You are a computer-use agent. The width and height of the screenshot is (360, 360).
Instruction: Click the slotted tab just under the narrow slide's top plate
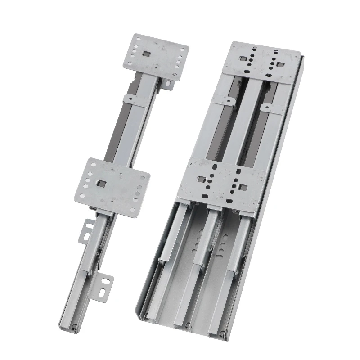coord(167,84)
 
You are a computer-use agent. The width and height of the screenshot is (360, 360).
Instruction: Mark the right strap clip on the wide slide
coord(273,108)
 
